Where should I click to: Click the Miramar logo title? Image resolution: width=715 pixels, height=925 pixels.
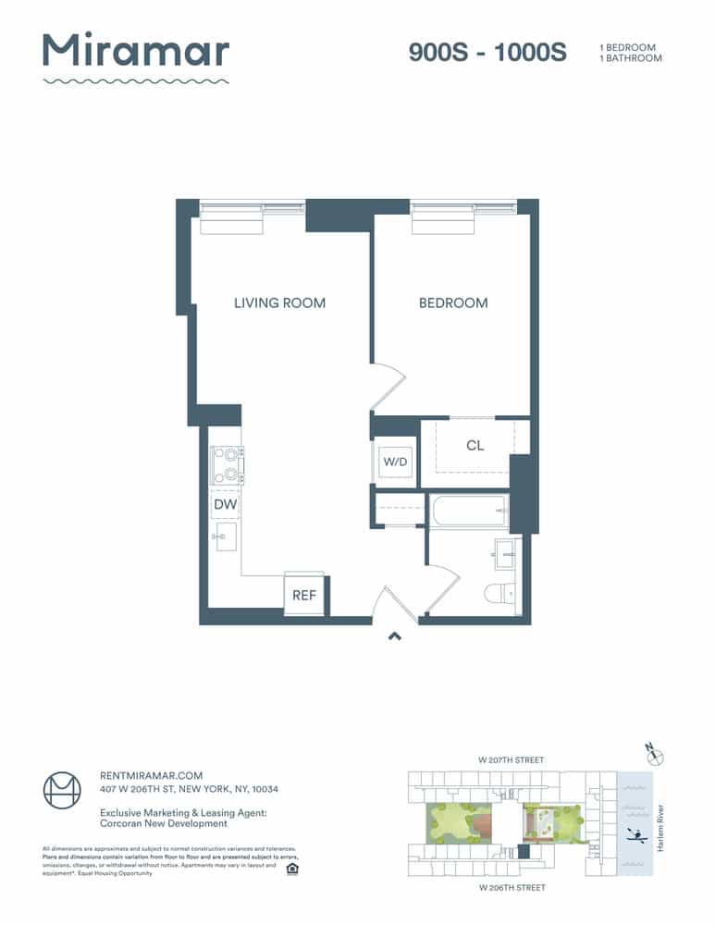point(136,51)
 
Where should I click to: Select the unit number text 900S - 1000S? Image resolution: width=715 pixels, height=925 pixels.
point(487,53)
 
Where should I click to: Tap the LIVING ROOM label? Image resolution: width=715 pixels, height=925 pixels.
point(279,302)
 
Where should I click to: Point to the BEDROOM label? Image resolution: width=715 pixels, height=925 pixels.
point(453,302)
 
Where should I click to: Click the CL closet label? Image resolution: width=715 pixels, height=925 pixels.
point(475,446)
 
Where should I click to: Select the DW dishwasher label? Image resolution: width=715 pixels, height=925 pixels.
point(224,504)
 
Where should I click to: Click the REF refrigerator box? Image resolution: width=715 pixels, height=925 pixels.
point(304,595)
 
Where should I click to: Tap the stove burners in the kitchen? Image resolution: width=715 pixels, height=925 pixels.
point(227,465)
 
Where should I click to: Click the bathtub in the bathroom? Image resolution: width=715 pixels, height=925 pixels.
point(468,510)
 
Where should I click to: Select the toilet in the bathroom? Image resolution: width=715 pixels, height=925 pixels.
point(499,593)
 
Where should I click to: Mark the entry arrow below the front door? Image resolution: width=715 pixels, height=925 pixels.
point(394,635)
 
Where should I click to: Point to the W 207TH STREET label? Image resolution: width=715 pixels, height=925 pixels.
point(511,760)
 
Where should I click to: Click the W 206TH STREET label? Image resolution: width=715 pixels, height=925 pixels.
point(512,887)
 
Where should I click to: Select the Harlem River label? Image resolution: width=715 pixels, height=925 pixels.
point(660,824)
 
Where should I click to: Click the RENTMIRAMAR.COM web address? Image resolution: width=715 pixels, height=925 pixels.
point(151,775)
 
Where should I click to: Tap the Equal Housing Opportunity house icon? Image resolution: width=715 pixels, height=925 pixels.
point(292,869)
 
